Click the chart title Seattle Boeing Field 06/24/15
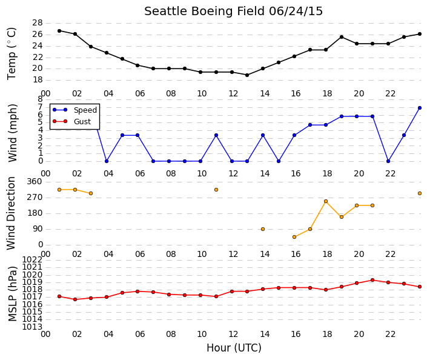click(x=233, y=12)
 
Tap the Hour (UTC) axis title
click(x=234, y=348)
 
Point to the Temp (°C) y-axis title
click(x=12, y=54)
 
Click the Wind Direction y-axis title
click(x=11, y=213)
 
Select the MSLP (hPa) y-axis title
click(x=13, y=294)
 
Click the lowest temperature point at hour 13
click(x=247, y=75)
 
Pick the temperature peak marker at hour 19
click(x=342, y=37)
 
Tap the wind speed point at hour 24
click(x=420, y=108)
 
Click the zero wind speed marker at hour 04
click(x=107, y=161)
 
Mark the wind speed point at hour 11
click(x=216, y=135)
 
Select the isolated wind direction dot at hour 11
click(x=216, y=190)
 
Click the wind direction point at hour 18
click(x=326, y=201)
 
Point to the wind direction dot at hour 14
click(x=263, y=229)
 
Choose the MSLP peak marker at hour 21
click(x=372, y=280)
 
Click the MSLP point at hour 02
click(x=75, y=299)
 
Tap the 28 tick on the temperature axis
click(x=38, y=23)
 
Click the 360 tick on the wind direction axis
click(x=35, y=182)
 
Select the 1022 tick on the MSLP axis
click(x=33, y=259)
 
